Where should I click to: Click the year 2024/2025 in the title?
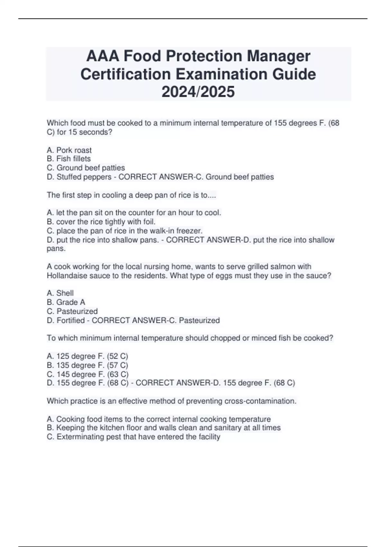point(198,92)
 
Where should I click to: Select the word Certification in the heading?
point(125,74)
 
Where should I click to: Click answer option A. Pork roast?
point(69,150)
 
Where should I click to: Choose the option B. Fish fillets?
point(69,159)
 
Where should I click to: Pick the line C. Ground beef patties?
point(86,168)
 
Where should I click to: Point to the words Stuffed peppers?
point(84,177)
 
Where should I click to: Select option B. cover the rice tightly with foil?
point(101,222)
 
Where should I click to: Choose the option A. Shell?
point(60,293)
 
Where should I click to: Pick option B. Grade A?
point(66,302)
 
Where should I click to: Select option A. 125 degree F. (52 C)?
point(87,356)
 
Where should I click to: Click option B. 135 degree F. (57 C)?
point(87,365)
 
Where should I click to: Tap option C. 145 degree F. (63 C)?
point(87,374)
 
